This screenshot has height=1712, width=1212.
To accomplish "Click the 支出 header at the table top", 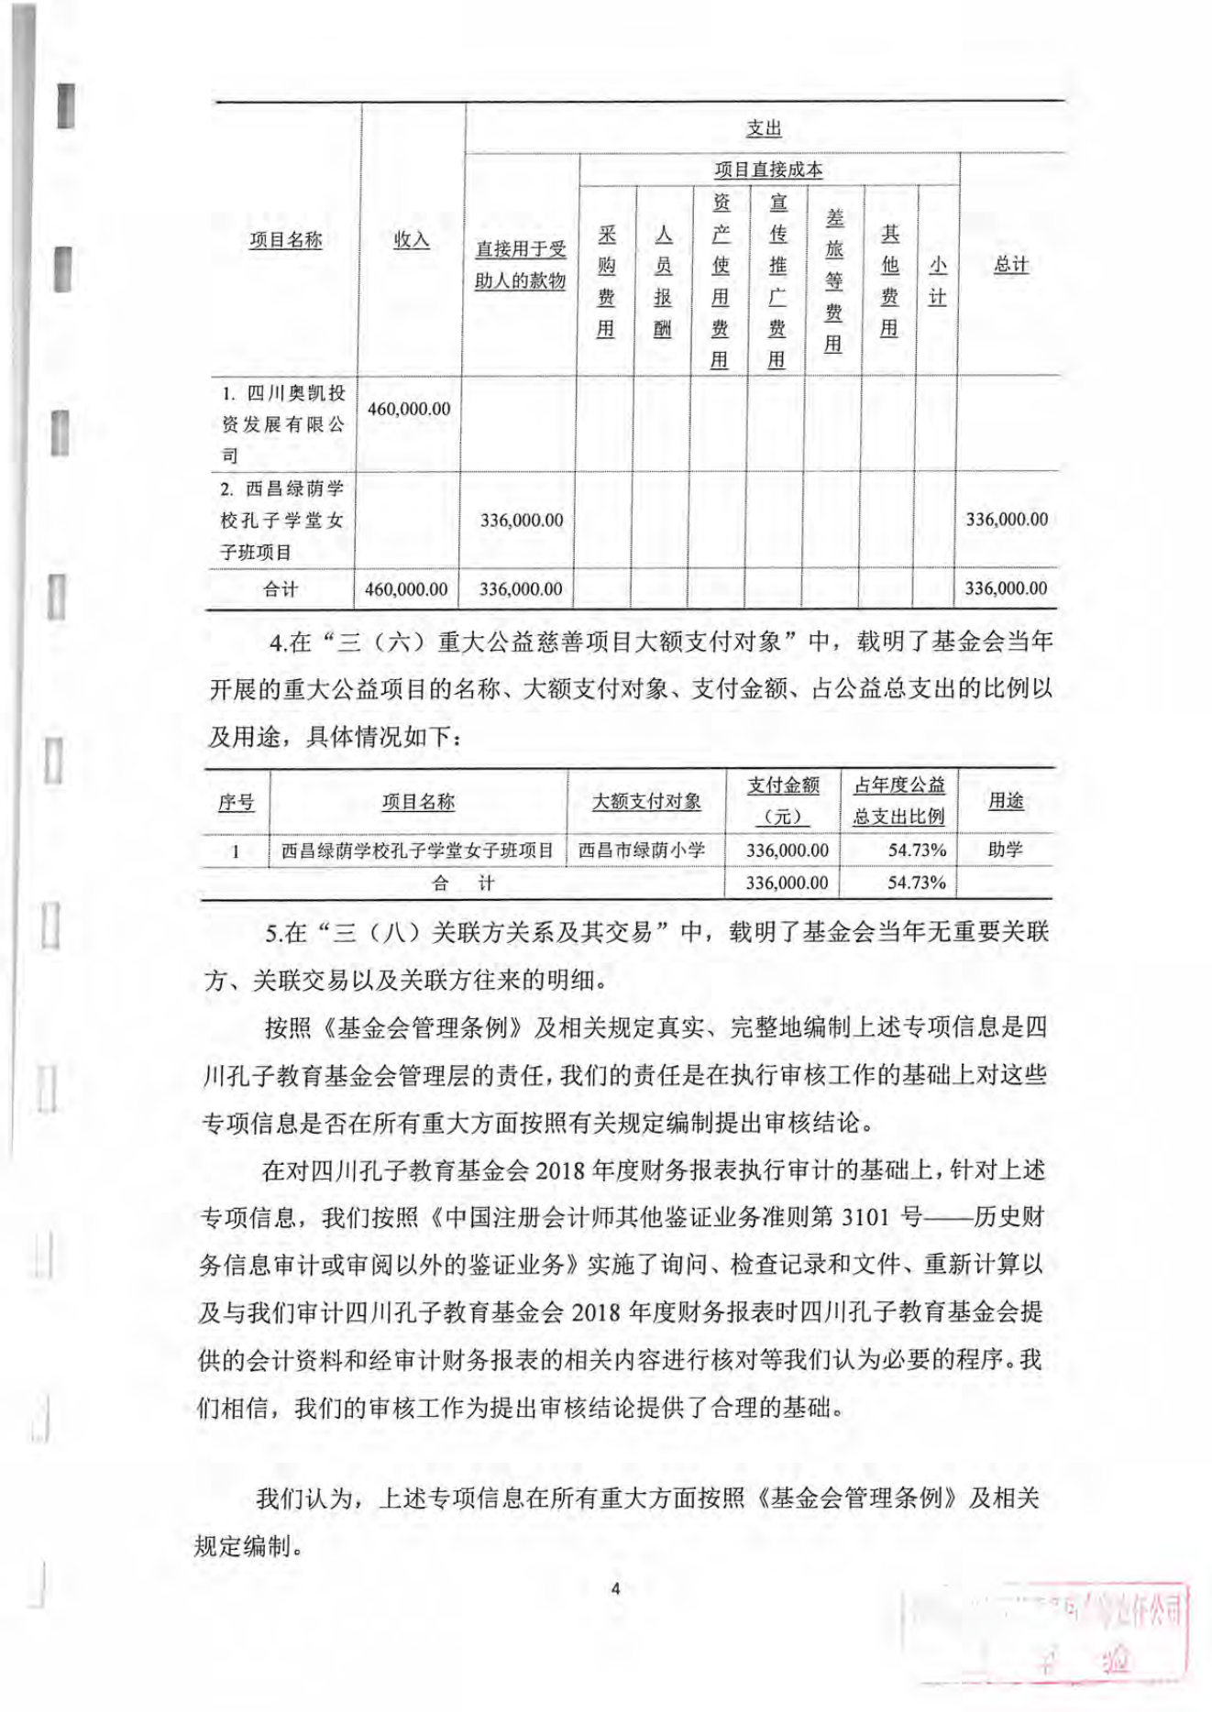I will click(x=763, y=128).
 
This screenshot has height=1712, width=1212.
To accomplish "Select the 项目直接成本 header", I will click(x=768, y=170).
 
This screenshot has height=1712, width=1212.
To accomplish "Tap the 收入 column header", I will click(x=411, y=240).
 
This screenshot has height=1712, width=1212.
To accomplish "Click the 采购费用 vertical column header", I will click(x=606, y=281).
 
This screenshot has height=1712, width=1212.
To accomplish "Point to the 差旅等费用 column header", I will click(x=833, y=280).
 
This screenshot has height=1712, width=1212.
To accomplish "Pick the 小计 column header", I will click(x=937, y=280).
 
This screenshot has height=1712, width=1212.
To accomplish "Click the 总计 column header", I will click(x=1010, y=265).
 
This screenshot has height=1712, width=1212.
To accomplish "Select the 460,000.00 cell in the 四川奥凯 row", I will click(x=409, y=409).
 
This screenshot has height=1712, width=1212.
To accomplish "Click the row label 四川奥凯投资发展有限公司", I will click(x=283, y=423).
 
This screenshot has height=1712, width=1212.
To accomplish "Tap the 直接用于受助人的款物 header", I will click(x=520, y=265).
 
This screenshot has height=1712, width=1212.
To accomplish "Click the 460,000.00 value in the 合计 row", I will click(x=406, y=589).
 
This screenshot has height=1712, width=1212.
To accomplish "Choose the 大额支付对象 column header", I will click(x=646, y=802).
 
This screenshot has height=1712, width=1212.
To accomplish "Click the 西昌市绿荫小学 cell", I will click(x=642, y=851).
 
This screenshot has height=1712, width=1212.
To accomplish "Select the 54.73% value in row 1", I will click(x=916, y=851).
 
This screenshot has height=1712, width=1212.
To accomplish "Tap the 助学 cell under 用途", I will click(x=1005, y=850).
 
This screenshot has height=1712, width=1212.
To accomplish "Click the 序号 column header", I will click(x=236, y=803).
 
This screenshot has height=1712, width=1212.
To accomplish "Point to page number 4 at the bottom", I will click(x=615, y=1588).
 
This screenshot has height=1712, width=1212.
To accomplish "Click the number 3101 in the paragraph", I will click(x=865, y=1217).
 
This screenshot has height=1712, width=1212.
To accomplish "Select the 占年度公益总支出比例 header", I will click(x=898, y=800).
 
